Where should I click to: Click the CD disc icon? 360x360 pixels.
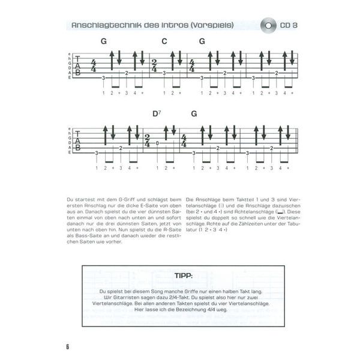269,26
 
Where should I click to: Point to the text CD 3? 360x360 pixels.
291,26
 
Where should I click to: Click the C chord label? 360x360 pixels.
164,41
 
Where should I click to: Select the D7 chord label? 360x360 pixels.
157,114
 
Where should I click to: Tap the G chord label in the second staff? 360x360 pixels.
194,114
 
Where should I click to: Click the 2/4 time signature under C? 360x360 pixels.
155,65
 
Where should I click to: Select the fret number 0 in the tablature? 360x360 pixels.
157,143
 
